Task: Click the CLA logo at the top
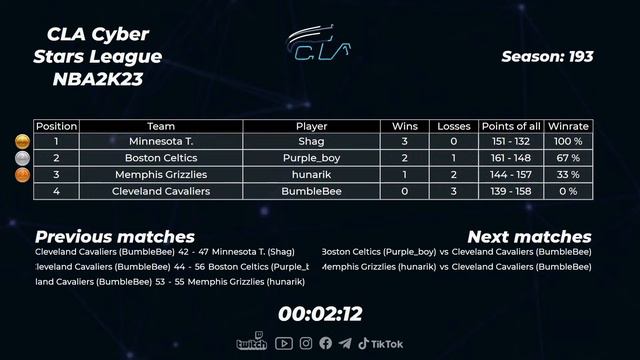click(x=320, y=42)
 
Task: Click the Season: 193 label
click(x=547, y=57)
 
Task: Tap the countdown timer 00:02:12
click(x=320, y=314)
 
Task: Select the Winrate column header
click(x=568, y=127)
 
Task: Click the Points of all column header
click(x=511, y=127)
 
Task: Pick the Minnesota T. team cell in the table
click(x=161, y=143)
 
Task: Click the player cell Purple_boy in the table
click(x=312, y=159)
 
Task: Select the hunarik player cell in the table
click(x=312, y=175)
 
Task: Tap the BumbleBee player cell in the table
click(x=312, y=191)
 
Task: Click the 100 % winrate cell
click(x=568, y=143)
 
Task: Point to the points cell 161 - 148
click(x=511, y=159)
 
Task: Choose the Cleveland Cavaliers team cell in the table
click(x=161, y=191)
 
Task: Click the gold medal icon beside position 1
click(x=22, y=143)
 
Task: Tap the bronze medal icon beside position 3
click(x=22, y=175)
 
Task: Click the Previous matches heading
click(x=115, y=237)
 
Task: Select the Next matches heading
click(x=529, y=237)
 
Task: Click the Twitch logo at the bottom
click(x=251, y=344)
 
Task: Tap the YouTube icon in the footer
click(x=284, y=344)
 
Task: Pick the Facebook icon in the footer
click(x=326, y=344)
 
